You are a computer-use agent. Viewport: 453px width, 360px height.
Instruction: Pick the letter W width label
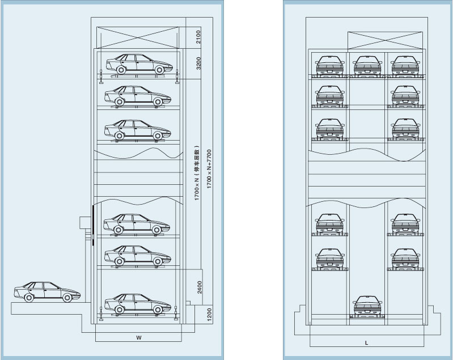138,338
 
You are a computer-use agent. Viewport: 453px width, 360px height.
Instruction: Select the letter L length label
366,344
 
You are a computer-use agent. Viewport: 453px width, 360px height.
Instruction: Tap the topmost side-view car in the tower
138,64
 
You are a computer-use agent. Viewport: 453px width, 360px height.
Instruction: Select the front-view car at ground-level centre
366,307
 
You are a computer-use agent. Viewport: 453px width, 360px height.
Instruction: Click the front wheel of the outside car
68,298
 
